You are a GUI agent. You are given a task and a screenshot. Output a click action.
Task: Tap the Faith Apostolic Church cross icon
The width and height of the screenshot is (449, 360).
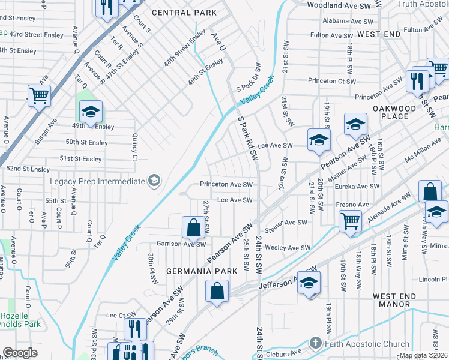coord(316,344)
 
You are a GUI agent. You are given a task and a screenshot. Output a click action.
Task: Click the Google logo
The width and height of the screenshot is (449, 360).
coord(20,353)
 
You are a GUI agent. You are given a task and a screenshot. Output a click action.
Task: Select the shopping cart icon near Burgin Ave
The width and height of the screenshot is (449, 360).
coord(38,95)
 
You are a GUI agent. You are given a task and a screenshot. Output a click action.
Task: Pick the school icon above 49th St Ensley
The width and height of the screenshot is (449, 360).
coord(91,112)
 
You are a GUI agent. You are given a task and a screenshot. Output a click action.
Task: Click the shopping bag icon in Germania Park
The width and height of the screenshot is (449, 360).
coord(217,292)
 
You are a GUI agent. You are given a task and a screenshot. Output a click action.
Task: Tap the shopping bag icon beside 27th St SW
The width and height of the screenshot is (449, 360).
coord(193,227)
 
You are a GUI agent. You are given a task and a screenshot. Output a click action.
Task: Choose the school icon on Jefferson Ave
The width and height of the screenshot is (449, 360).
coord(309,283)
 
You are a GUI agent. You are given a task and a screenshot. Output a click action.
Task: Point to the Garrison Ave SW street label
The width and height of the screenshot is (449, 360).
coord(181,244)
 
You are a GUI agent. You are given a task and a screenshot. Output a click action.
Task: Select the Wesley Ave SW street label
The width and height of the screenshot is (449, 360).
coord(288,248)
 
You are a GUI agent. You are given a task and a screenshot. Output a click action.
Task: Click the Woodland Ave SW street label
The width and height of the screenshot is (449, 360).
coord(339,5)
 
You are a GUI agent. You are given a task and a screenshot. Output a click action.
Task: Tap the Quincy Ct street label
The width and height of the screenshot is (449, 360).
coord(134,147)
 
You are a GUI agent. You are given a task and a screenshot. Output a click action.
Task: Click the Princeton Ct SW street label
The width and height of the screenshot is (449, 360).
coord(332,81)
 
